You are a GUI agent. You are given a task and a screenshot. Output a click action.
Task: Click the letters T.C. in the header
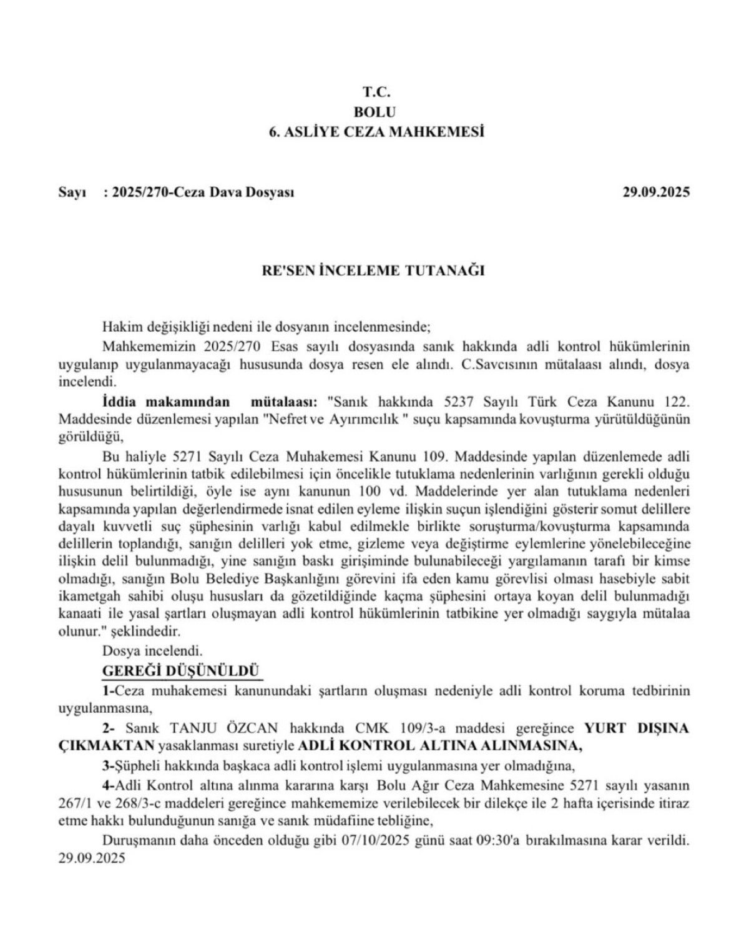376,92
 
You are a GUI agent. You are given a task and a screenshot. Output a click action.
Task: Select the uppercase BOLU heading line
374,112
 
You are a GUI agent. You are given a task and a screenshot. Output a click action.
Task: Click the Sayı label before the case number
71,192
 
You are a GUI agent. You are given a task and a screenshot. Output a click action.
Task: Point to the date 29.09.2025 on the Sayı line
656,192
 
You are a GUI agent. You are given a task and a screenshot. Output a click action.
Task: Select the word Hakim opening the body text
118,327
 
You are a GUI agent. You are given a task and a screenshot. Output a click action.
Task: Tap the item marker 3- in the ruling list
107,765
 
